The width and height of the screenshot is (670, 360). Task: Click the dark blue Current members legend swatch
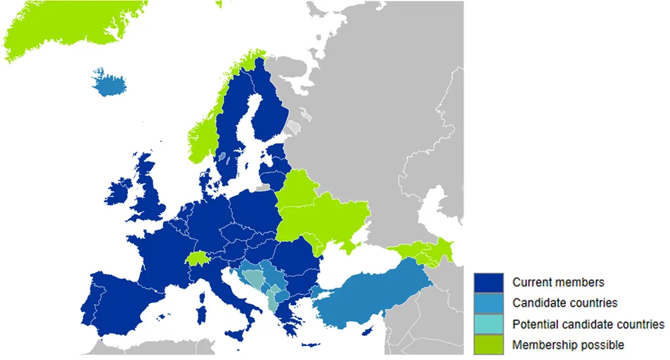tap(488, 282)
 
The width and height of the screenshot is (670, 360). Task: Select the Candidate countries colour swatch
tap(488, 303)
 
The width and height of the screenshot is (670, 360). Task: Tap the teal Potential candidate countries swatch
tap(488, 324)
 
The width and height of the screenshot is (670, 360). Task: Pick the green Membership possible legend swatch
tap(488, 345)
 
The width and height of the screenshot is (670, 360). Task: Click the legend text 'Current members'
tap(558, 282)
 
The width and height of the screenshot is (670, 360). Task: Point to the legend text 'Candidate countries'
tap(565, 303)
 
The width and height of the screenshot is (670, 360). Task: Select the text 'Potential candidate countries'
tap(588, 324)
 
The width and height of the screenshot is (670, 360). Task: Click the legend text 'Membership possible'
tap(568, 345)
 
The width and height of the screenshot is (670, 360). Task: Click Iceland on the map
tap(110, 83)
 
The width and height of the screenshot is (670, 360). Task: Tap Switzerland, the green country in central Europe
tap(198, 259)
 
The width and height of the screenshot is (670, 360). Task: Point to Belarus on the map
tap(297, 187)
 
